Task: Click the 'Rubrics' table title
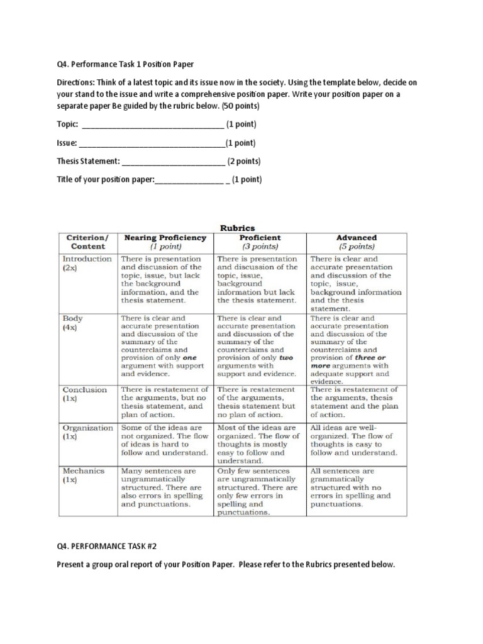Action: coord(236,228)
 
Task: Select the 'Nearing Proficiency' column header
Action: coord(165,242)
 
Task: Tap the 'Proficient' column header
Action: coord(260,242)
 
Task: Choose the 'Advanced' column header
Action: coord(357,242)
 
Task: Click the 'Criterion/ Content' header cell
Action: coord(87,242)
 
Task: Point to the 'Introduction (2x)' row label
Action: coord(87,263)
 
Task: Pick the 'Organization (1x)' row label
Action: coord(87,431)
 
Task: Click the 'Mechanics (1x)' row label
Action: coord(83,474)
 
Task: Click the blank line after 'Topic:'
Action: coord(148,125)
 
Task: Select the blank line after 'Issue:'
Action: coord(152,143)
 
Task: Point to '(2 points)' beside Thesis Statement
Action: coord(244,161)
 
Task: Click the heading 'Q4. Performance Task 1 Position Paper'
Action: coord(125,64)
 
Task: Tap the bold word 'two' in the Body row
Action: coord(287,357)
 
